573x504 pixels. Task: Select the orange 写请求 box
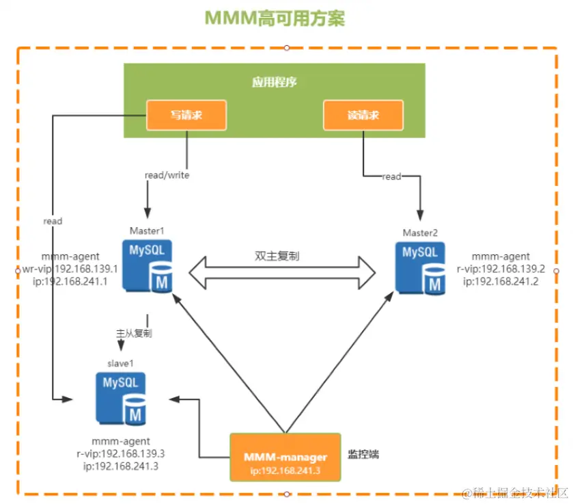point(186,115)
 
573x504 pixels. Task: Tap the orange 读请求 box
point(363,115)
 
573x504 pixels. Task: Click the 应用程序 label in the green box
point(274,82)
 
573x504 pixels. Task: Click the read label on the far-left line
point(53,221)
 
